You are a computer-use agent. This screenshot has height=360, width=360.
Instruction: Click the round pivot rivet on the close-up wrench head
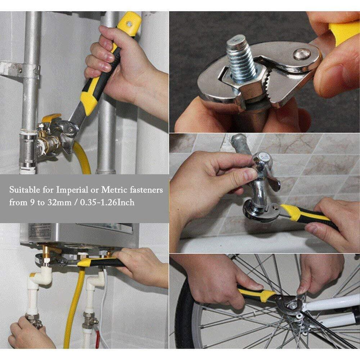click(x=302, y=54)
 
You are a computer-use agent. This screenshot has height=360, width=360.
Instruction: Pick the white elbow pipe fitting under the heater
click(x=40, y=279)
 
